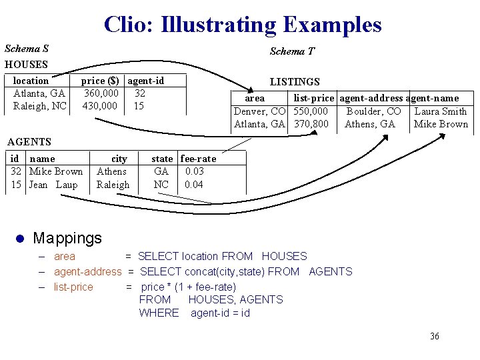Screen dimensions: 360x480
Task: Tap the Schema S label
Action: tap(27, 49)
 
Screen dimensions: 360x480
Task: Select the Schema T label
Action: tap(292, 51)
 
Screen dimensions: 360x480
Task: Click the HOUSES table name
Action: tap(26, 65)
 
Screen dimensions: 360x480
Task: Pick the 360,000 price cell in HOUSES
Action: tap(101, 93)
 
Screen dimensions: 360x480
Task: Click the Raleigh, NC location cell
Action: tap(40, 106)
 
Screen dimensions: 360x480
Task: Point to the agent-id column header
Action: tap(146, 81)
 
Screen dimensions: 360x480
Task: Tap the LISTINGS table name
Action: tap(295, 82)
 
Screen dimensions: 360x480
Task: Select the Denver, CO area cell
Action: tap(259, 111)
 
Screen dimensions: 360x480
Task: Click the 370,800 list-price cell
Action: tap(311, 124)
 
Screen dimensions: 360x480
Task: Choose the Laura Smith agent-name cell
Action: tap(441, 111)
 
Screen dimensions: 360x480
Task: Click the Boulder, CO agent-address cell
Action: tap(374, 111)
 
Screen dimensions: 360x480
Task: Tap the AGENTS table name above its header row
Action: tap(29, 141)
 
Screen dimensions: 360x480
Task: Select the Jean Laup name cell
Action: tap(53, 185)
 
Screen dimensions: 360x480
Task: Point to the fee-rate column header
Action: tap(199, 159)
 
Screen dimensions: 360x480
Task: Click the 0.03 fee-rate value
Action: tap(195, 171)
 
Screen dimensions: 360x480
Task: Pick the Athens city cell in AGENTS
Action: tap(111, 171)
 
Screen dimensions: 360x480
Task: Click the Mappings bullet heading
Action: tap(67, 238)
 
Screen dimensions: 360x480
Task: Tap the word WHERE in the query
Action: tap(159, 313)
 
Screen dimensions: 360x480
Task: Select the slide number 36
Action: tap(435, 336)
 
